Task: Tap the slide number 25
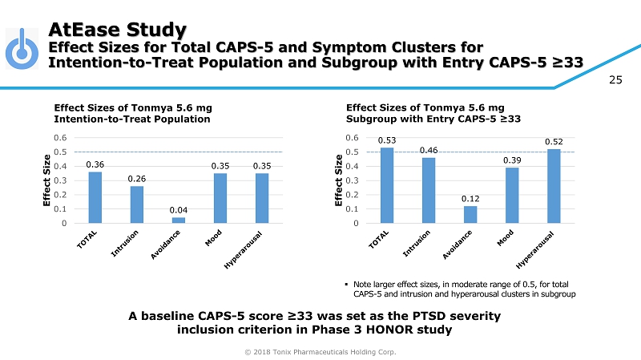click(615, 79)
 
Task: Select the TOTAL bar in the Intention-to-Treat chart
click(95, 197)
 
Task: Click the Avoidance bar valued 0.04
click(179, 220)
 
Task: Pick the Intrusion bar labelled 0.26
click(137, 204)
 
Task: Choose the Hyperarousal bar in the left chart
click(262, 198)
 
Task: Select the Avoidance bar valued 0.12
click(470, 214)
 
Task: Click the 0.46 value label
click(429, 150)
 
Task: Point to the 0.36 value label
click(95, 164)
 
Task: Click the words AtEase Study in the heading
click(117, 29)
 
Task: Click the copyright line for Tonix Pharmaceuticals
click(320, 351)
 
